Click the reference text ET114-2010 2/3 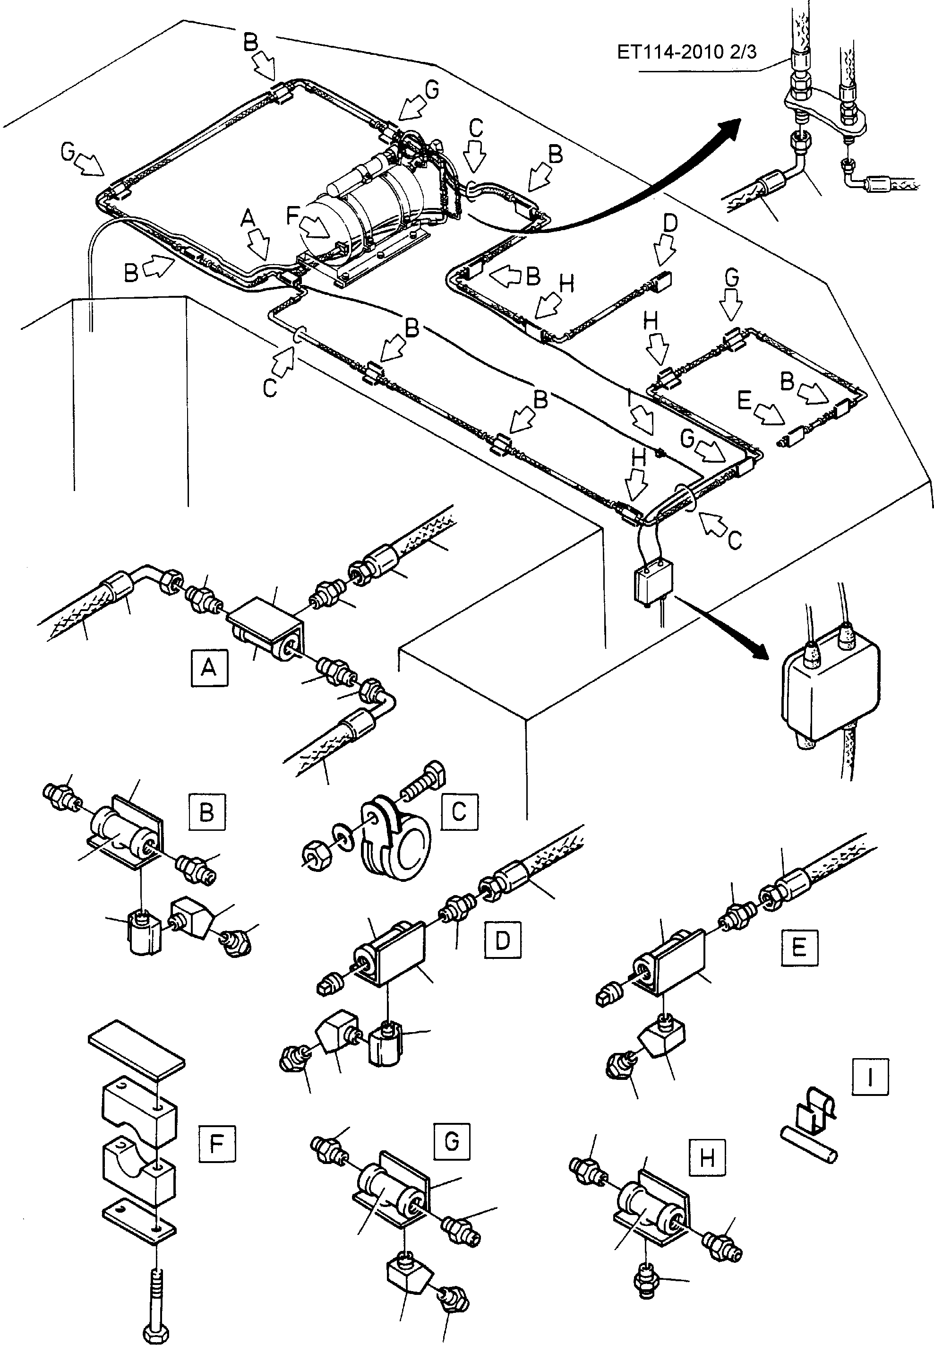686,52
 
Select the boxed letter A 209,667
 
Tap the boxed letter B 206,812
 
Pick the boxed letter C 459,812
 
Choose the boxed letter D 503,940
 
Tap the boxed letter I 870,1077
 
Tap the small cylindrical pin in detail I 810,1146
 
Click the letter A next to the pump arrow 248,218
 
